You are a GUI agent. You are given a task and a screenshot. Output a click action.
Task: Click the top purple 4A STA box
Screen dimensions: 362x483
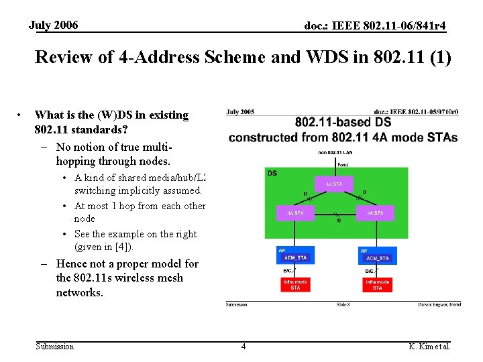[x=334, y=184]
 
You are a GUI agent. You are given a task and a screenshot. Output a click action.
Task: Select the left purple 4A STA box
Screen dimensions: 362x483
[x=295, y=213]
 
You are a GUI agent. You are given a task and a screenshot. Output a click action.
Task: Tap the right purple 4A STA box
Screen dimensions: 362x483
[x=374, y=213]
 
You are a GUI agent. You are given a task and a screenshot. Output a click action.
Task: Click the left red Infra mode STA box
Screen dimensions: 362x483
[x=295, y=285]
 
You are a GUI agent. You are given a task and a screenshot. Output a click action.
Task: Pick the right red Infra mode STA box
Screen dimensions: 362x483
[x=377, y=285]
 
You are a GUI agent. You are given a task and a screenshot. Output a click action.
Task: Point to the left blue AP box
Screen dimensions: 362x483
[x=295, y=255]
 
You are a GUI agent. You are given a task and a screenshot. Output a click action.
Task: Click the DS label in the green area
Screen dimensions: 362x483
[x=272, y=173]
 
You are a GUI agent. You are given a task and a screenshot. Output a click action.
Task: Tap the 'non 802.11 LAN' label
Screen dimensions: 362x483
[x=335, y=153]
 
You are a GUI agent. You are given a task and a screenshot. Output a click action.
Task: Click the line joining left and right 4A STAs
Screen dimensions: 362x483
[x=335, y=214]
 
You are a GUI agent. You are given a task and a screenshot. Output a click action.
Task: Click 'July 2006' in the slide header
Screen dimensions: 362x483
[x=53, y=25]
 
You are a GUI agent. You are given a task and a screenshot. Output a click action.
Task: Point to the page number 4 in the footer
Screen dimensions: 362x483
[x=243, y=347]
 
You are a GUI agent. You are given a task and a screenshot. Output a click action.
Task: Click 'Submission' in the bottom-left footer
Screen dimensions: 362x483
[x=54, y=347]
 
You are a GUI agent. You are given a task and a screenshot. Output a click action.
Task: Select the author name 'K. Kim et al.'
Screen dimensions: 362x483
[x=429, y=347]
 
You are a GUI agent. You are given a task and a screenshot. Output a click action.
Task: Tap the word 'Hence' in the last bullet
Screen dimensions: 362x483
[x=72, y=264]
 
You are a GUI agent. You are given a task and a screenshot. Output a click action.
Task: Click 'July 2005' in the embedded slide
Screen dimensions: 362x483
[x=241, y=112]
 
